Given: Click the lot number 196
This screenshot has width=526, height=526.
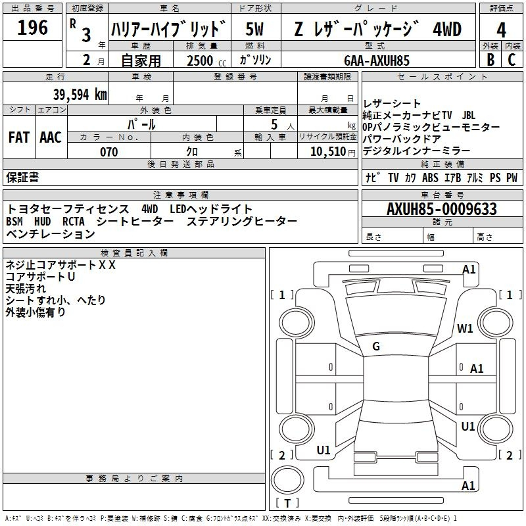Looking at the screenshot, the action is point(32,28).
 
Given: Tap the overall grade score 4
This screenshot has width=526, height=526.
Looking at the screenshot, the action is point(501,30).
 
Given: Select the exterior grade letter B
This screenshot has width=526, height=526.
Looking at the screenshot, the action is point(490,60).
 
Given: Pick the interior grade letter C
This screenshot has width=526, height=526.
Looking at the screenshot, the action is point(512,60).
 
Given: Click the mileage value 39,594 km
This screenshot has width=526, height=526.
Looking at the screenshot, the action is point(80,95).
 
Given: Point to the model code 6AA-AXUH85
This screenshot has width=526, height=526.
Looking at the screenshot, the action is point(377,60).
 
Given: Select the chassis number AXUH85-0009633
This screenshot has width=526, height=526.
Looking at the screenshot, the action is point(442,208).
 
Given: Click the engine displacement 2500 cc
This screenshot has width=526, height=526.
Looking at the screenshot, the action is point(206,60).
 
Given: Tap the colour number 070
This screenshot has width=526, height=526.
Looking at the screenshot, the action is point(109,152).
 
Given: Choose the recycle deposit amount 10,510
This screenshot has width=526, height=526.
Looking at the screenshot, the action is point(328,152).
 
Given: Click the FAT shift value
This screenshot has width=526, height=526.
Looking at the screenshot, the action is point(19,137).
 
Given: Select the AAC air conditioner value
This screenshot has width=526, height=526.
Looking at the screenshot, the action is point(51,137).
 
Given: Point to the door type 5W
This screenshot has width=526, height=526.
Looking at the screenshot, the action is point(254,29).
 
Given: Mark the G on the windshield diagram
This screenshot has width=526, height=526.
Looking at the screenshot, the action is point(376,347).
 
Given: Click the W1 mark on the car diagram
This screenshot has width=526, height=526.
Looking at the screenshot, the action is point(465,328).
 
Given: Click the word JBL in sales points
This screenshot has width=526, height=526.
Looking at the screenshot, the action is point(469,115).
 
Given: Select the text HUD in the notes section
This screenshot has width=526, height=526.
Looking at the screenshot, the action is point(42,222).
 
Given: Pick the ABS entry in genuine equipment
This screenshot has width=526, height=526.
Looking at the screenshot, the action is point(430,178).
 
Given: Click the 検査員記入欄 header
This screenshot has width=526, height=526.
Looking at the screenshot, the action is point(134,253).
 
